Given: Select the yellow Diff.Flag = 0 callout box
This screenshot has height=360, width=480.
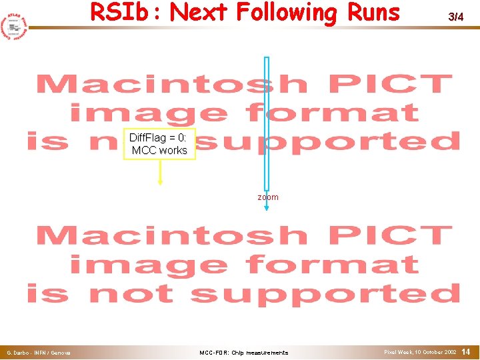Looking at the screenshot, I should tap(159, 144).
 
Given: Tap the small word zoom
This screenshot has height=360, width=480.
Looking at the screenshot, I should tap(268, 197).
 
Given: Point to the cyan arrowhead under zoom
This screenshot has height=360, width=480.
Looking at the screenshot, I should tap(267, 208).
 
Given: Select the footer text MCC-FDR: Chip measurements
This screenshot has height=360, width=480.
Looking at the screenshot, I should tap(244, 353).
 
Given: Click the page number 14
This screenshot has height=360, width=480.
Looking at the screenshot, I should tap(466, 351).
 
